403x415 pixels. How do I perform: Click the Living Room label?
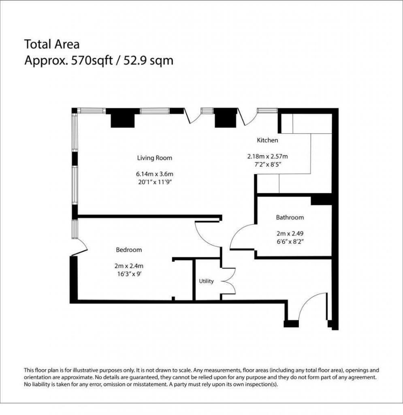tap(154, 158)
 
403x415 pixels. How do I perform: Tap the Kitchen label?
tap(267, 140)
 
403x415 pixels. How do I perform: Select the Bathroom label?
tap(290, 217)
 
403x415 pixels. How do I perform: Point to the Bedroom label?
tap(129, 250)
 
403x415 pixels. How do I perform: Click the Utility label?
tap(206, 281)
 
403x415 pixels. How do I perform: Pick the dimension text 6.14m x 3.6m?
tap(155, 174)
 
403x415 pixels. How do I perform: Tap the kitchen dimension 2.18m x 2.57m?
tap(267, 156)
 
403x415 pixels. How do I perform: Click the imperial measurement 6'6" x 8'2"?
tap(290, 242)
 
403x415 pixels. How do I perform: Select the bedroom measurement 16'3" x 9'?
tap(129, 274)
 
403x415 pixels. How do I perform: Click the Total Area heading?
tap(52, 44)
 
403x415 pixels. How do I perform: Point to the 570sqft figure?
tap(92, 61)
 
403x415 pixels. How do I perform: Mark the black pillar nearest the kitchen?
tap(225, 118)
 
